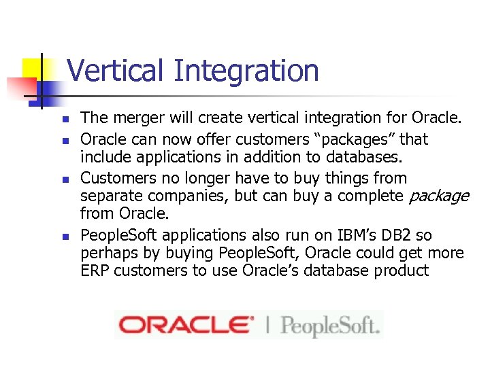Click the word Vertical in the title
click(116, 71)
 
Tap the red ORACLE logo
click(186, 325)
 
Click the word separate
click(108, 196)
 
